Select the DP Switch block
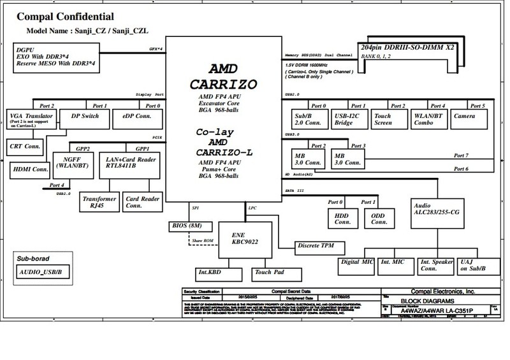(x=80, y=117)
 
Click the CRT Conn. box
(x=23, y=145)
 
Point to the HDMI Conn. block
(x=31, y=169)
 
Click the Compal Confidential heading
(x=66, y=16)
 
